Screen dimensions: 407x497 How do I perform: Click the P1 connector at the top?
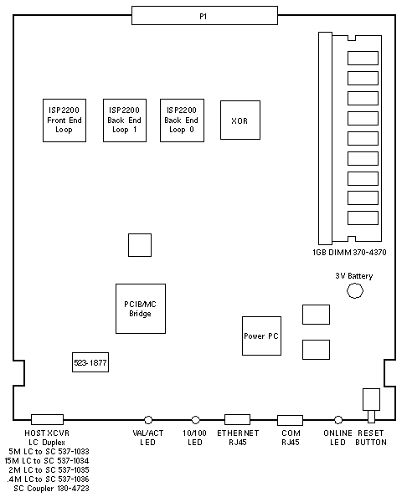204,15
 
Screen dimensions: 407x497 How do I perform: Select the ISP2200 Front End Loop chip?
64,120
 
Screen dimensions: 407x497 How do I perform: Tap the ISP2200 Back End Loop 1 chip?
125,120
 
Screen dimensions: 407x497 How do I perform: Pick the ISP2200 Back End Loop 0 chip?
182,120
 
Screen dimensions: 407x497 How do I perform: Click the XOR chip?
240,120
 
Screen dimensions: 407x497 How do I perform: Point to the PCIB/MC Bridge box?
141,309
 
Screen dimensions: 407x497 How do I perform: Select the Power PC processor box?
262,336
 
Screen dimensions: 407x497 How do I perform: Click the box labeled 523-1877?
90,362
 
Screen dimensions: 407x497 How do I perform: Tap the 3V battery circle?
355,290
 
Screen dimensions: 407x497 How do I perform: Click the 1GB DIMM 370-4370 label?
349,253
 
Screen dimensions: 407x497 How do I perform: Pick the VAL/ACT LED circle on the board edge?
148,420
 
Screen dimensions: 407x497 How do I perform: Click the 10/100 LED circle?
196,420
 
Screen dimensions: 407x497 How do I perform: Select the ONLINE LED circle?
338,420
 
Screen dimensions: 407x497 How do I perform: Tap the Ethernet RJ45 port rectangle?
237,419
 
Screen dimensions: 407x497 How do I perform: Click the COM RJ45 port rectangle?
291,420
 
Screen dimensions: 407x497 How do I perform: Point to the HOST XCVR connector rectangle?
47,419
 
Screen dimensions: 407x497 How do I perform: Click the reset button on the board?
371,406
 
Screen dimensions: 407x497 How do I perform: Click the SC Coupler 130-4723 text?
51,488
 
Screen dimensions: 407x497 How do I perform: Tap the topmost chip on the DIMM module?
363,58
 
